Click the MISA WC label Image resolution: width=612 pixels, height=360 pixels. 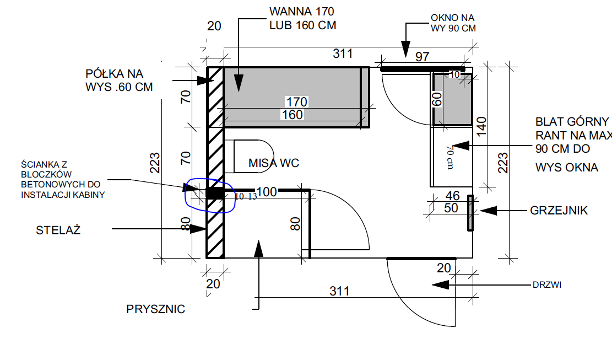tap(274, 163)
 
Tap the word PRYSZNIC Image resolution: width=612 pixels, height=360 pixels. tap(155, 309)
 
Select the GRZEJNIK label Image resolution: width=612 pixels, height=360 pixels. tap(559, 211)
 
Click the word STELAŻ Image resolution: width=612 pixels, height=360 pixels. tap(58, 230)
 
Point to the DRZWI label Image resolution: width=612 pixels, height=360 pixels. tap(547, 285)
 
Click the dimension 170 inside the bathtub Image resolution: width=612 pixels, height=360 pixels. tap(296, 102)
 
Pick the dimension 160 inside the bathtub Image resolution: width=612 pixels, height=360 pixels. tap(293, 115)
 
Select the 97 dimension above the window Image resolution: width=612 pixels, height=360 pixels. tap(423, 57)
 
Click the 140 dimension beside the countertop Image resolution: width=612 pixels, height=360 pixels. tap(481, 126)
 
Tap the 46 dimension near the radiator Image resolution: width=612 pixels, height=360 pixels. tap(452, 195)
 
